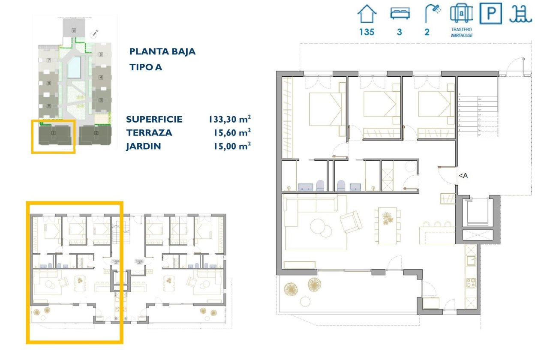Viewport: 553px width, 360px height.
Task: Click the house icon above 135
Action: point(367,14)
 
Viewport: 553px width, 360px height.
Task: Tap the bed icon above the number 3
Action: point(400,14)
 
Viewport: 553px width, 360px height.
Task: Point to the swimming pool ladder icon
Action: point(520,14)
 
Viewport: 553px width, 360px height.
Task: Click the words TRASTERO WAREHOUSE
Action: point(461,33)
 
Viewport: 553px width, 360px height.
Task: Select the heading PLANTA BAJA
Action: point(162,51)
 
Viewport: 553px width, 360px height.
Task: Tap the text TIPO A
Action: point(146,67)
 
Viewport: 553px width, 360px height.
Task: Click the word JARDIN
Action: point(143,147)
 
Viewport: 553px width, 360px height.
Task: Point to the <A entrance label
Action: point(463,175)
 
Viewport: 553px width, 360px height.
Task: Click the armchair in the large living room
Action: point(351,221)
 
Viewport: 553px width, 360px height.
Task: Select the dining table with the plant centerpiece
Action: point(387,225)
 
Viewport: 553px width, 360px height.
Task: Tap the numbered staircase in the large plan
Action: point(478,116)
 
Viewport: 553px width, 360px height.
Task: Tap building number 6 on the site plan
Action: point(74,30)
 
